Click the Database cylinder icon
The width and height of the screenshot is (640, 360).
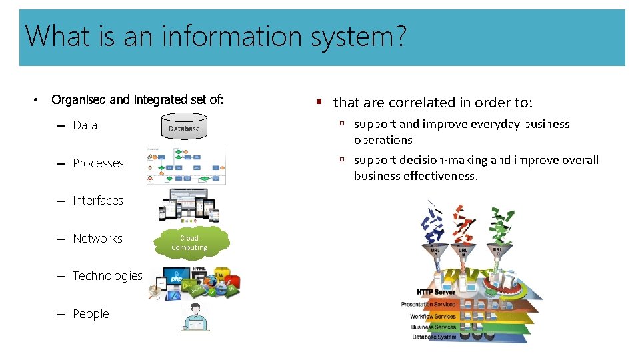pyautogui.click(x=184, y=127)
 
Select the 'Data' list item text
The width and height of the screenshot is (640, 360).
pyautogui.click(x=85, y=125)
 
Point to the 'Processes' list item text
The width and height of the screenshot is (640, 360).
pyautogui.click(x=98, y=163)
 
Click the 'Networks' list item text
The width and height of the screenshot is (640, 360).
pyautogui.click(x=97, y=239)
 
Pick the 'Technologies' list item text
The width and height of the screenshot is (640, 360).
pyautogui.click(x=107, y=276)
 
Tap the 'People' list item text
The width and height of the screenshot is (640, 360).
pyautogui.click(x=91, y=314)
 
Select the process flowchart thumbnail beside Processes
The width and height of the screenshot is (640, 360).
pyautogui.click(x=186, y=166)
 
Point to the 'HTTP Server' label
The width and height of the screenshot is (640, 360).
pyautogui.click(x=436, y=292)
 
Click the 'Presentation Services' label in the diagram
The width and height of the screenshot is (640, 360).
pyautogui.click(x=429, y=305)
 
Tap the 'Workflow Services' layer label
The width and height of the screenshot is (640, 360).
pyautogui.click(x=433, y=316)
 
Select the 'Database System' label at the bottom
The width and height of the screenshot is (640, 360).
pyautogui.click(x=434, y=337)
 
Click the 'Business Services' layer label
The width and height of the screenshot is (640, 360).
pyautogui.click(x=433, y=327)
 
